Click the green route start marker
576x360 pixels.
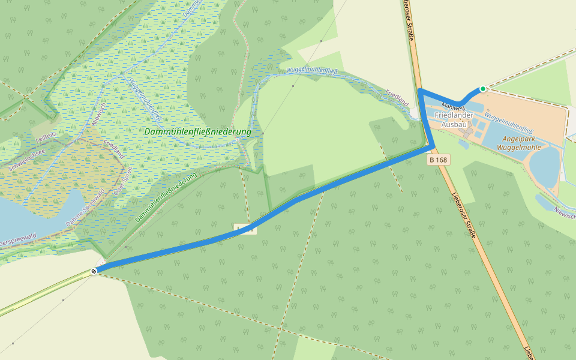482,89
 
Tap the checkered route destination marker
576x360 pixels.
94,271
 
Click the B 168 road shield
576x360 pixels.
439,160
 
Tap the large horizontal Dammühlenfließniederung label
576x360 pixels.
197,131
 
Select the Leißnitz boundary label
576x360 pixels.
46,139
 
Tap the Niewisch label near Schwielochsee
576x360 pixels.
98,114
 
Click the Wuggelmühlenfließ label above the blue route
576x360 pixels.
312,71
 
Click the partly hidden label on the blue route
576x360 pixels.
245,229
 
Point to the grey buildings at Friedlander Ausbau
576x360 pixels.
465,130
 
